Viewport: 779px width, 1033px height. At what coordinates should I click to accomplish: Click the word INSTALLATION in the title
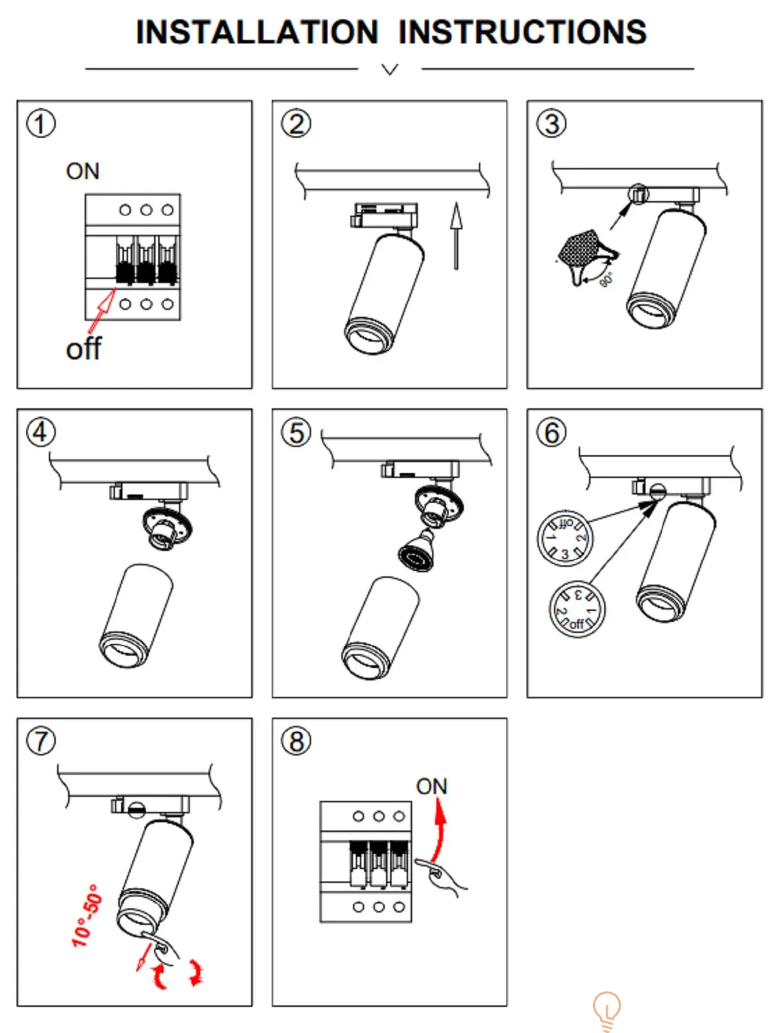pyautogui.click(x=257, y=32)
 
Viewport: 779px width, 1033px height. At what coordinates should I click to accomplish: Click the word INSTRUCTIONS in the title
pyautogui.click(x=522, y=32)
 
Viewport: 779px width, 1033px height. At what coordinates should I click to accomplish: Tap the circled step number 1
pyautogui.click(x=41, y=124)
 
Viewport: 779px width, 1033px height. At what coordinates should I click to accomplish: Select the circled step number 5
pyautogui.click(x=296, y=432)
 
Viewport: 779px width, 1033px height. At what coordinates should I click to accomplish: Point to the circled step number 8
pyautogui.click(x=296, y=741)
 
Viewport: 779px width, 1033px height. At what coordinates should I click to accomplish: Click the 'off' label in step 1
pyautogui.click(x=83, y=349)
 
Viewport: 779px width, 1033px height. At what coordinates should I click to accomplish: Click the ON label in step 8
pyautogui.click(x=431, y=786)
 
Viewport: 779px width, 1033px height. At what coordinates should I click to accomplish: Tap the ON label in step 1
pyautogui.click(x=83, y=171)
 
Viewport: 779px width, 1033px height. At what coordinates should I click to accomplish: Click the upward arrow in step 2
pyautogui.click(x=456, y=235)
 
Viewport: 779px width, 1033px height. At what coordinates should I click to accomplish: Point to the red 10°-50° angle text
pyautogui.click(x=87, y=915)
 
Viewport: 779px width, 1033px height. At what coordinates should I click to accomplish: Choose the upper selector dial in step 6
pyautogui.click(x=564, y=539)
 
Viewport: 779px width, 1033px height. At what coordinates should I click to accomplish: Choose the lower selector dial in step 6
pyautogui.click(x=577, y=609)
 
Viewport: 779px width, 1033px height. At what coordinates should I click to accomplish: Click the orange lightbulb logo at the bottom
pyautogui.click(x=606, y=1010)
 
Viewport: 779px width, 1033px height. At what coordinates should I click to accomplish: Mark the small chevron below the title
pyautogui.click(x=389, y=69)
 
